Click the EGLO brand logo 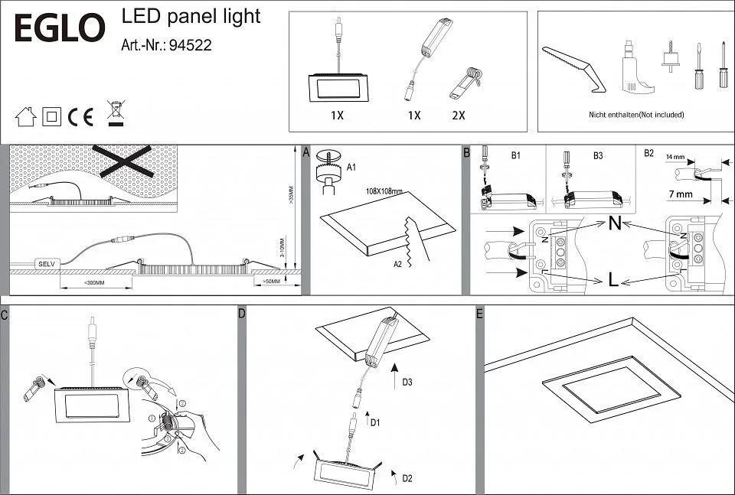pyautogui.click(x=60, y=29)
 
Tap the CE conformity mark pyautogui.click(x=80, y=116)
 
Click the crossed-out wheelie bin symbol pyautogui.click(x=115, y=112)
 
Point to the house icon pyautogui.click(x=26, y=116)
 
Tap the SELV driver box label pyautogui.click(x=45, y=263)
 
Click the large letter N pyautogui.click(x=614, y=225)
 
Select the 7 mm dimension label pyautogui.click(x=680, y=195)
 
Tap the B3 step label pyautogui.click(x=598, y=155)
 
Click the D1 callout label pyautogui.click(x=374, y=422)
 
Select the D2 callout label pyautogui.click(x=407, y=479)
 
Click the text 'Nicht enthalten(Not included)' pyautogui.click(x=636, y=115)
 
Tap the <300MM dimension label pyautogui.click(x=94, y=283)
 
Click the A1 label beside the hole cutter pyautogui.click(x=351, y=166)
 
